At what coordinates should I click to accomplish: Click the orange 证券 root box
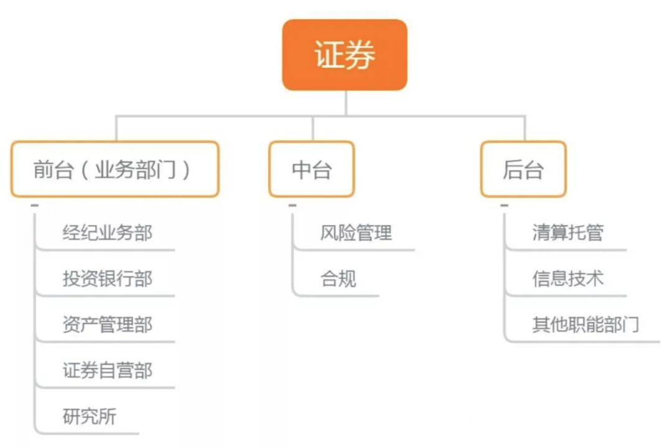pyautogui.click(x=345, y=55)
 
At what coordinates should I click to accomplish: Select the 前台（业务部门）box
pyautogui.click(x=115, y=169)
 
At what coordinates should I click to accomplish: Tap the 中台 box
pyautogui.click(x=312, y=169)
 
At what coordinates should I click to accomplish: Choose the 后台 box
pyautogui.click(x=523, y=169)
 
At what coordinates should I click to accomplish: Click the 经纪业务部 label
pyautogui.click(x=108, y=233)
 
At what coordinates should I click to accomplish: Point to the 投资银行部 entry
pyautogui.click(x=108, y=278)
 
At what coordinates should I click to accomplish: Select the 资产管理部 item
pyautogui.click(x=108, y=324)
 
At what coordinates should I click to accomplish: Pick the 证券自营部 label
pyautogui.click(x=108, y=370)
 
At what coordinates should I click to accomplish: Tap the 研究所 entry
pyautogui.click(x=90, y=416)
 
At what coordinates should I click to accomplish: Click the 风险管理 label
pyautogui.click(x=356, y=233)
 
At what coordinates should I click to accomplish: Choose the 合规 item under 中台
pyautogui.click(x=338, y=278)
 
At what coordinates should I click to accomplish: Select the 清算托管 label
pyautogui.click(x=568, y=233)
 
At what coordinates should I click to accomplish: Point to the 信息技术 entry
pyautogui.click(x=568, y=278)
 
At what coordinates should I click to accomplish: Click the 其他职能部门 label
pyautogui.click(x=586, y=324)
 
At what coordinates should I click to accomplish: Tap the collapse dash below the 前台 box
pyautogui.click(x=35, y=206)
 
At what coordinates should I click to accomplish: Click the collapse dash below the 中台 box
pyautogui.click(x=292, y=206)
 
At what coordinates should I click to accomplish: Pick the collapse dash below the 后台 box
pyautogui.click(x=505, y=206)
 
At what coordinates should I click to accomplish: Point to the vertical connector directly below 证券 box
pyautogui.click(x=346, y=103)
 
